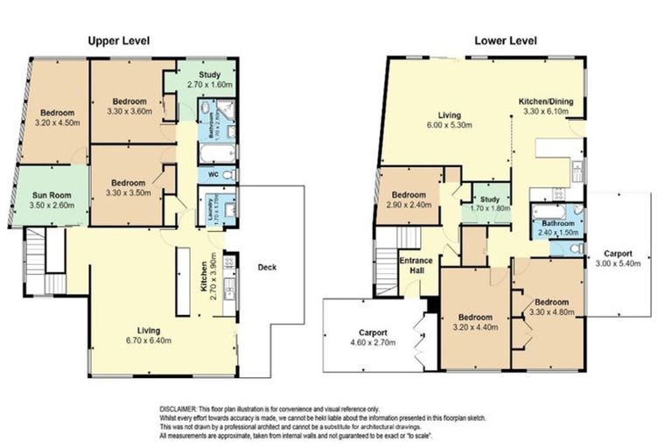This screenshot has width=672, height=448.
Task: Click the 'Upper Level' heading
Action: tap(118, 40)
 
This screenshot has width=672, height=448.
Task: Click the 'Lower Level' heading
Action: tap(505, 40)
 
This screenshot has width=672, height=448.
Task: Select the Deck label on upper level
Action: tap(268, 267)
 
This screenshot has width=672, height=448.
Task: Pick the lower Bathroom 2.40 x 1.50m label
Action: tap(556, 228)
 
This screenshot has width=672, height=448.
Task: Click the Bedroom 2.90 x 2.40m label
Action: tap(409, 199)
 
